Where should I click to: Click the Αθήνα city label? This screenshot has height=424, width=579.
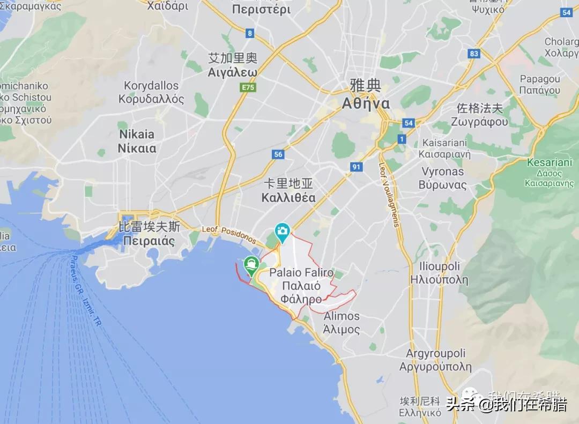(x=366, y=103)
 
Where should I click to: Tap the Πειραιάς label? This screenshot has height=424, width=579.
(x=149, y=241)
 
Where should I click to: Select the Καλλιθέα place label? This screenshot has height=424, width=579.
(x=288, y=198)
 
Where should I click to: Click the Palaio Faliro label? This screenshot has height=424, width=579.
(x=301, y=273)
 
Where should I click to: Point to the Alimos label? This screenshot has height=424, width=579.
(x=342, y=316)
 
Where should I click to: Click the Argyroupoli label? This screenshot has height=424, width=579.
(x=435, y=354)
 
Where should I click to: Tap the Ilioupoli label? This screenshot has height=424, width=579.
(x=435, y=266)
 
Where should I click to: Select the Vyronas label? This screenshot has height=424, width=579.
(x=442, y=172)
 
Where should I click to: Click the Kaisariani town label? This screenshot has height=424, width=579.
(x=444, y=143)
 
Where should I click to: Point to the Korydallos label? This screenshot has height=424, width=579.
(x=151, y=86)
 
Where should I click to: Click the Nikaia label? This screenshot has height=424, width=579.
(x=136, y=135)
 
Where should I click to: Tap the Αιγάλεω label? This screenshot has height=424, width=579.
(x=233, y=72)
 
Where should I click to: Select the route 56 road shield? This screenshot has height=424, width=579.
(x=278, y=154)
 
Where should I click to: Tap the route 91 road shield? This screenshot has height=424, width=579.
(x=357, y=167)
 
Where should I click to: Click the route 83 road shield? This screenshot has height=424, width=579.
(x=473, y=54)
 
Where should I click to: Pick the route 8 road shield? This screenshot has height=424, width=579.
(x=250, y=33)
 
